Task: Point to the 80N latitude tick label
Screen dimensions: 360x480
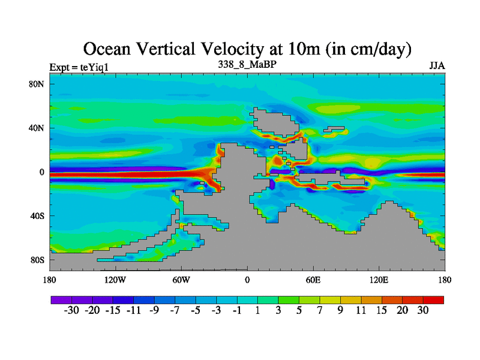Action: [38, 84]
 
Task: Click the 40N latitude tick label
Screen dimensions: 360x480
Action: [38, 128]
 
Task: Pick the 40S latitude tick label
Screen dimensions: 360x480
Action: [38, 216]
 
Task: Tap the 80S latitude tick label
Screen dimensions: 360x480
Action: [38, 260]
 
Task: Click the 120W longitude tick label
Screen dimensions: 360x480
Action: [115, 280]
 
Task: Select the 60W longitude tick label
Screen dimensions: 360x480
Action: [181, 280]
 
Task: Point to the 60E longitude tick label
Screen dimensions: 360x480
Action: [313, 280]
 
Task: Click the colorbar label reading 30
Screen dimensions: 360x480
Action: [424, 310]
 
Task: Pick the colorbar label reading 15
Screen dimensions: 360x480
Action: [382, 310]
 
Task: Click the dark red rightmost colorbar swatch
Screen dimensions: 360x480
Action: [434, 299]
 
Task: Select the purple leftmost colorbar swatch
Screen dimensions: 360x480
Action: [61, 299]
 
